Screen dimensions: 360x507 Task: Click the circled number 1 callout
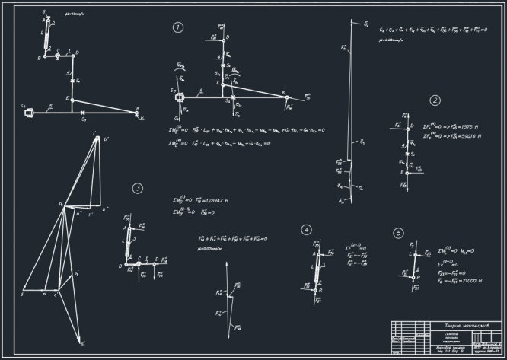177,28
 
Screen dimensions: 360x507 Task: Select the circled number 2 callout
435,100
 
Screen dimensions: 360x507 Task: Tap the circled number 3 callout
137,189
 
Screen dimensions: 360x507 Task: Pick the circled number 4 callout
306,229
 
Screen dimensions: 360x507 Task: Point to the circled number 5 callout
398,233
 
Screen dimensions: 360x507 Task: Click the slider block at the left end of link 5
29,112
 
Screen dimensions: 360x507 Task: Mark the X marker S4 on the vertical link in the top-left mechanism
72,80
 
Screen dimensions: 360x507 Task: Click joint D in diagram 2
407,126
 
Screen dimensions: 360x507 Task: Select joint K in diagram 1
283,99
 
